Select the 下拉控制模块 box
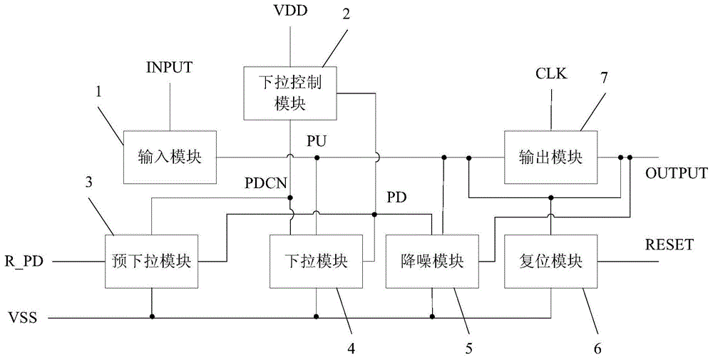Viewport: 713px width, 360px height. click(289, 93)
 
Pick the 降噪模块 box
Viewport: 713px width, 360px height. click(432, 262)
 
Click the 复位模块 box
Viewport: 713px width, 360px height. click(550, 262)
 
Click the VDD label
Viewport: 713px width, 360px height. click(289, 11)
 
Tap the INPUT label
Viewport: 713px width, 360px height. click(170, 68)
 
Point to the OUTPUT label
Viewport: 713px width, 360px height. click(676, 173)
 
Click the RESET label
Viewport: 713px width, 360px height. click(669, 245)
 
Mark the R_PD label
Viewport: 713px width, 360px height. click(23, 262)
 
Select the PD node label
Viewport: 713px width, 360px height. click(396, 197)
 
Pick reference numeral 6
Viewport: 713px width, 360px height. click(597, 348)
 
